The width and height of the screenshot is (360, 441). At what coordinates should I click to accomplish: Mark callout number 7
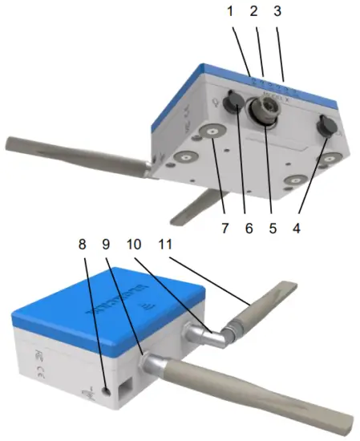click(223, 227)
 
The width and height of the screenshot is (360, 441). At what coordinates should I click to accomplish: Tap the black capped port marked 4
click(327, 127)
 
